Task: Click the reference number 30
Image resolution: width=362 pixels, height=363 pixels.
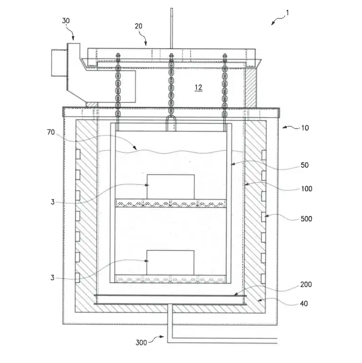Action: (x=66, y=21)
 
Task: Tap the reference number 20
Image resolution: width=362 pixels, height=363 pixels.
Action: (x=139, y=26)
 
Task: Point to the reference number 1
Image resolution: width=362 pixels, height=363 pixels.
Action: (x=288, y=13)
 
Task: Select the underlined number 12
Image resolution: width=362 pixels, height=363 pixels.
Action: (x=198, y=87)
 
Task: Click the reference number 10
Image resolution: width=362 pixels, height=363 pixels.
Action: (x=305, y=128)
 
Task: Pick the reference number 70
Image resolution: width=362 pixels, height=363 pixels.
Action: (x=51, y=132)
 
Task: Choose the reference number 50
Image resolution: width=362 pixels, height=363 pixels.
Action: (x=304, y=165)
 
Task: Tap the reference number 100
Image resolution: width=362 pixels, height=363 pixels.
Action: (x=306, y=189)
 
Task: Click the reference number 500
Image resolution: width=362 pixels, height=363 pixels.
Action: (x=306, y=219)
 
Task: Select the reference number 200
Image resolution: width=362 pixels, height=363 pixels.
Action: (x=306, y=284)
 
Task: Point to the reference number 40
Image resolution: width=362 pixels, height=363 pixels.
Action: (x=304, y=304)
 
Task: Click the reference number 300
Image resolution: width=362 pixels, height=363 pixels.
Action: (x=141, y=343)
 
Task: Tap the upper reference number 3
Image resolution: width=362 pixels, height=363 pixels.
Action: (x=52, y=202)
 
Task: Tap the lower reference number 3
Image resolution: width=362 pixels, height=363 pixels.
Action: (x=52, y=278)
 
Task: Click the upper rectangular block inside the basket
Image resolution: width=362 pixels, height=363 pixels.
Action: (x=171, y=187)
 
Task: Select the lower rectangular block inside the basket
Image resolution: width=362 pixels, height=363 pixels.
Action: (x=170, y=262)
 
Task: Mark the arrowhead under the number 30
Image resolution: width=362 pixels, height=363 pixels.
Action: (x=73, y=38)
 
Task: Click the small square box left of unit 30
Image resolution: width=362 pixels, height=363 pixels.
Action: (x=59, y=63)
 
